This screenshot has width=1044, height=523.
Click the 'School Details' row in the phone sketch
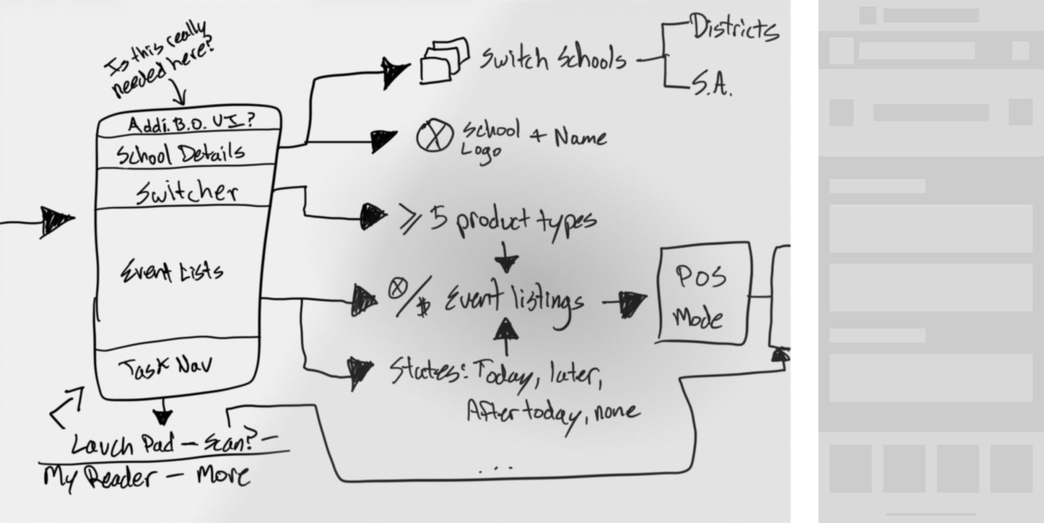pos(181,154)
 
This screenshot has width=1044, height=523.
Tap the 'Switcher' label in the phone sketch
pos(187,192)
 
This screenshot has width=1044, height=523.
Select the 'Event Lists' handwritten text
pos(172,271)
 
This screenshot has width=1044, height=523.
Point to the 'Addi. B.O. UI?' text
pos(190,123)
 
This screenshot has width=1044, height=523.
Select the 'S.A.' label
pos(711,85)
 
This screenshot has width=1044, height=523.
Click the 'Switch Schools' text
pos(552,58)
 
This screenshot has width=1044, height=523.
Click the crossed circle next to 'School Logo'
pos(434,135)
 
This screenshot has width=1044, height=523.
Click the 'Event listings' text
pos(514,301)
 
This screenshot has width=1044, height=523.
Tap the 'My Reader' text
pos(98,478)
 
